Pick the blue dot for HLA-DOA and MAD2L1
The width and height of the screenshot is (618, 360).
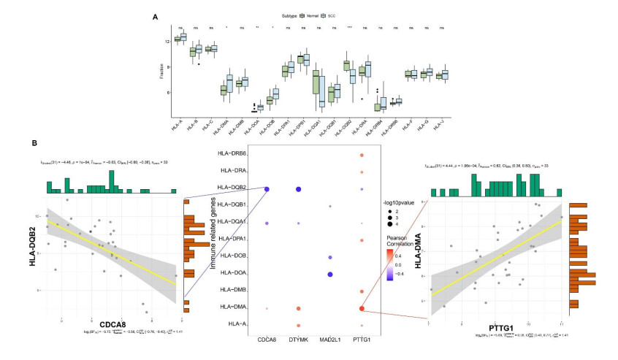click(330, 275)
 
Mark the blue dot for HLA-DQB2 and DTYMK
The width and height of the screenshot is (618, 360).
click(298, 190)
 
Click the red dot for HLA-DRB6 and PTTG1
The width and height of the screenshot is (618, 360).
click(362, 156)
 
